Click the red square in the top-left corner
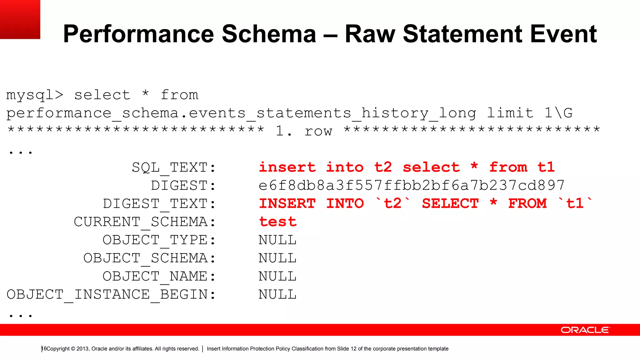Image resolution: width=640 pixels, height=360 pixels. click(20, 19)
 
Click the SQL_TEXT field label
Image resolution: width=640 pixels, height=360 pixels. click(174, 168)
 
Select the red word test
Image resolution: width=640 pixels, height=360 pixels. click(277, 222)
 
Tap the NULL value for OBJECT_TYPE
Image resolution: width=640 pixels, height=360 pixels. click(277, 240)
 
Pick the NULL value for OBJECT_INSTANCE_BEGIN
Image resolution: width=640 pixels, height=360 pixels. click(277, 294)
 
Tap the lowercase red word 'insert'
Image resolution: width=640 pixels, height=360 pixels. click(287, 167)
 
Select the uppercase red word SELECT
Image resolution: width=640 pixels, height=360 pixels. click(450, 204)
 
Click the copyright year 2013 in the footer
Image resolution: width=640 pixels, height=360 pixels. click(82, 349)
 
